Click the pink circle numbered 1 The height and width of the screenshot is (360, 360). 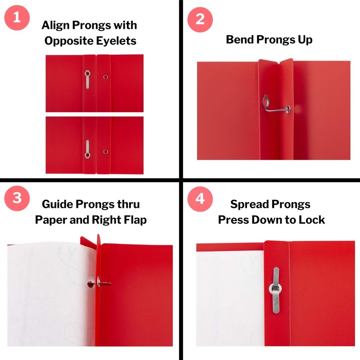click(x=17, y=18)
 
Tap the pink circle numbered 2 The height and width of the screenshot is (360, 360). click(x=200, y=19)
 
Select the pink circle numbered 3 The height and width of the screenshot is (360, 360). click(x=17, y=198)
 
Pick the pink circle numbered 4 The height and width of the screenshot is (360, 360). click(x=200, y=199)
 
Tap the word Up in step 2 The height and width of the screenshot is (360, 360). click(x=306, y=40)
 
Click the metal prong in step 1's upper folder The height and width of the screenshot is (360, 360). click(x=87, y=80)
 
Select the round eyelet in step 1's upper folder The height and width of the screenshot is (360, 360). click(x=106, y=77)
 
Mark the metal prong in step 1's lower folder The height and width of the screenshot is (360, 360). click(x=87, y=149)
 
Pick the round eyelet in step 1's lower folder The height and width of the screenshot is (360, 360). click(x=106, y=152)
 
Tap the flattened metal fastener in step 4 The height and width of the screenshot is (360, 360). click(x=275, y=290)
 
